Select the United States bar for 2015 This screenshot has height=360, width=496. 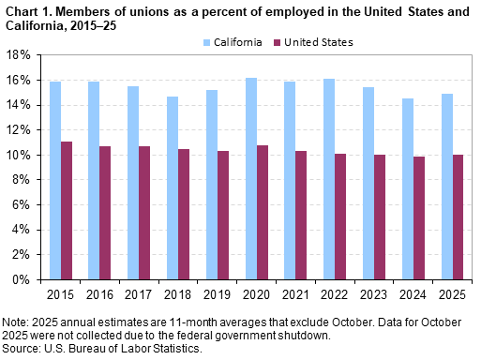pos(67,210)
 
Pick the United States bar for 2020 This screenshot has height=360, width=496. pos(262,212)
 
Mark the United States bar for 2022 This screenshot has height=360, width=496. pos(339,216)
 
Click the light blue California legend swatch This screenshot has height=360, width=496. pos(205,43)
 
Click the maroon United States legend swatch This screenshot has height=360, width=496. pos(275,43)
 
